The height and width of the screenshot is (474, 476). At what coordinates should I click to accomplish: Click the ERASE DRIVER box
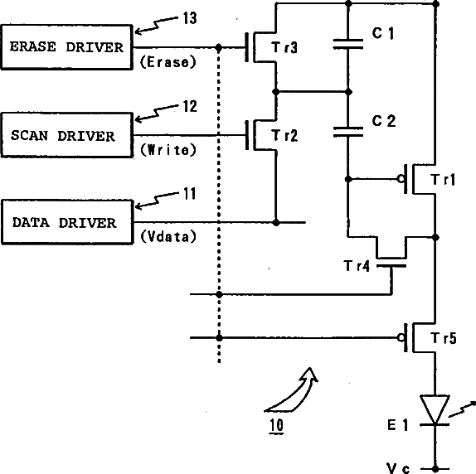67,47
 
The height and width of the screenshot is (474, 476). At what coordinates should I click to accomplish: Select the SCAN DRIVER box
67,135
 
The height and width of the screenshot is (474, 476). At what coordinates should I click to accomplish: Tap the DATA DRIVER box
67,222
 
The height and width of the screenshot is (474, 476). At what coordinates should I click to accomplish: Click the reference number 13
190,18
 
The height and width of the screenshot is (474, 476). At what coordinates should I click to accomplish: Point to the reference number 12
190,106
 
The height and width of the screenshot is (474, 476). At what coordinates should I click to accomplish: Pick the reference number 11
190,193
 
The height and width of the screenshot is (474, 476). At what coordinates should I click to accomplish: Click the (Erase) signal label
168,62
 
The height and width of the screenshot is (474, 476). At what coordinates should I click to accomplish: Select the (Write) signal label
168,150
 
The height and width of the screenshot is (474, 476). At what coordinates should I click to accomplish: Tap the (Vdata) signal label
168,236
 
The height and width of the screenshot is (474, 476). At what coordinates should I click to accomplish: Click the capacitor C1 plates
348,44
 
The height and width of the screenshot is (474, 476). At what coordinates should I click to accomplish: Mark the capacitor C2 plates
348,133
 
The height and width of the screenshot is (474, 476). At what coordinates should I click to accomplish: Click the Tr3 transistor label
284,47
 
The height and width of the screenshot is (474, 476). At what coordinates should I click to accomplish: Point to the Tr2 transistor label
284,135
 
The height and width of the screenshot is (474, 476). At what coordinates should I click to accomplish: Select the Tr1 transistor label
443,180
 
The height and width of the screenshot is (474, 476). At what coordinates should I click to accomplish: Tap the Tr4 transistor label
357,266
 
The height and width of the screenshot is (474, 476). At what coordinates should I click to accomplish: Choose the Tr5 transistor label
444,338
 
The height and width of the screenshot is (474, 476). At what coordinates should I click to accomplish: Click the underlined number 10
276,426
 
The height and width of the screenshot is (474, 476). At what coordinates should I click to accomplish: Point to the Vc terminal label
398,468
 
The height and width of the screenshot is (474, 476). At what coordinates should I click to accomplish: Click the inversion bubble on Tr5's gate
401,337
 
